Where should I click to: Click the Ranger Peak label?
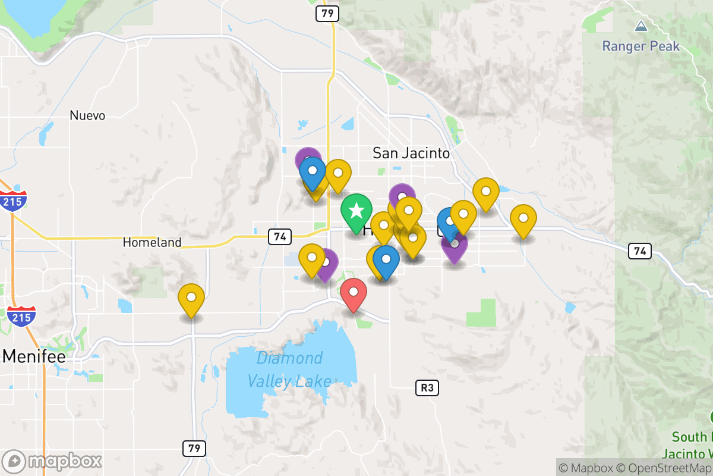coord(641,46)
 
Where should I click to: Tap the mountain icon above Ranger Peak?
coord(641,26)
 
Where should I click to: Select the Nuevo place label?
coord(87,115)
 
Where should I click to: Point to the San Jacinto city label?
coord(411,153)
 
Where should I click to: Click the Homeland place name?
coord(152,242)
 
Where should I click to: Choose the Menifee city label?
coord(34,356)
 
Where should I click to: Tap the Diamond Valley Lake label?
coord(289,369)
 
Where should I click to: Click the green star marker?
coord(356,211)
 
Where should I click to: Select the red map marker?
coord(354,293)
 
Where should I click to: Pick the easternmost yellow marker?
coord(523,218)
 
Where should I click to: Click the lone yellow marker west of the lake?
coord(191,297)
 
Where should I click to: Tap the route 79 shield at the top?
coord(327,13)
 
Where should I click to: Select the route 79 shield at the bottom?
coord(194,448)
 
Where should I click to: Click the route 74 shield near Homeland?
coord(279,237)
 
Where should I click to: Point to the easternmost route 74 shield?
coord(640,251)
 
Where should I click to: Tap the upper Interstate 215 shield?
coord(12,201)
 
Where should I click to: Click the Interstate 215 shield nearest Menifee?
coord(21,315)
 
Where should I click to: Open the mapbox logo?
coord(52,461)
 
